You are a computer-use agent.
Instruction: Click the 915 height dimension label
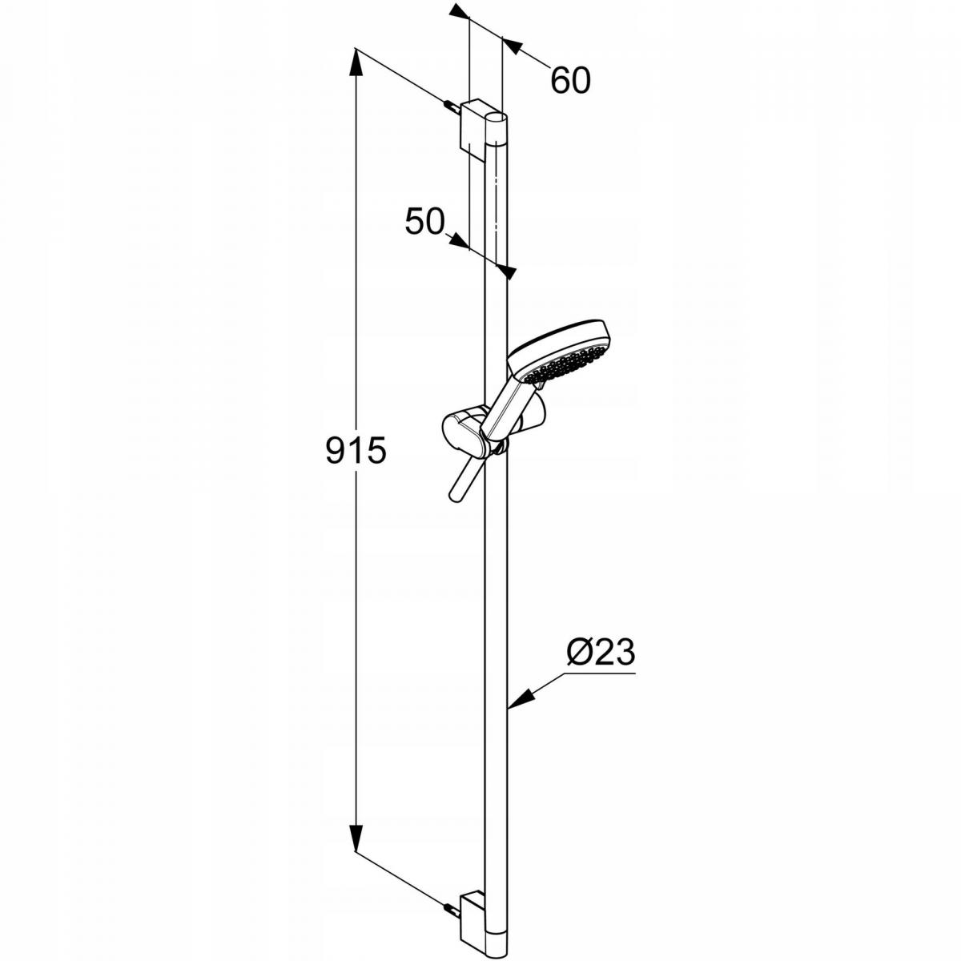coord(356,450)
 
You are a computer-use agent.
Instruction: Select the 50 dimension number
coord(424,221)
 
